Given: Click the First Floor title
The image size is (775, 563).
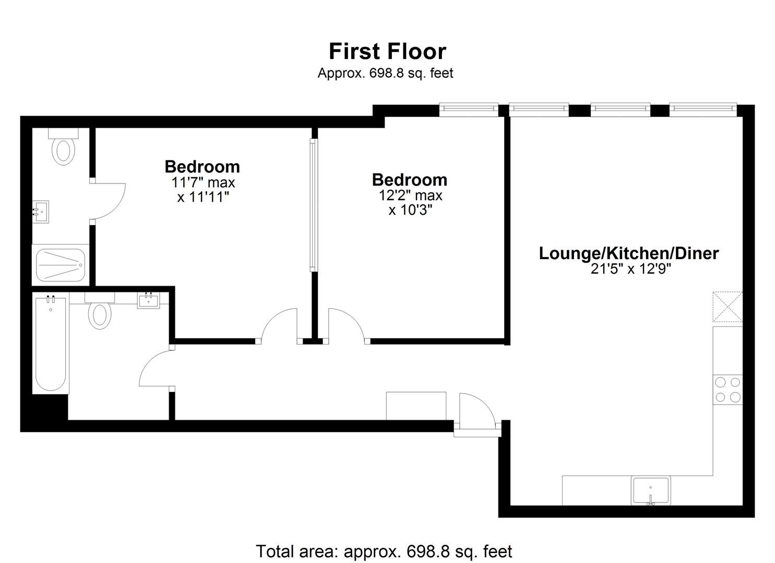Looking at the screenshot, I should coord(387,52).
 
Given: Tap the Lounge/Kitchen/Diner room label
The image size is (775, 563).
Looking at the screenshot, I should coord(628,253).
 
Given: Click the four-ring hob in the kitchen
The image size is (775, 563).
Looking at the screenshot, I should coord(728,389).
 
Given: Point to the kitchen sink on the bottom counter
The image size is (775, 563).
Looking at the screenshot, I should coord(650,491).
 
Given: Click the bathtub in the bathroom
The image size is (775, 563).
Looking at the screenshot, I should coord(51,344).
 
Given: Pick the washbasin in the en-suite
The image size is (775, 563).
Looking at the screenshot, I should coord(40,212).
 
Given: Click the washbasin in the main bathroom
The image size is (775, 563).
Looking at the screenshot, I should coord(148,300).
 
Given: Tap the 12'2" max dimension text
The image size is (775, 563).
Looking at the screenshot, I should coord(410,195).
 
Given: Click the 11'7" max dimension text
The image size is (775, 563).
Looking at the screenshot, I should coord(203,183).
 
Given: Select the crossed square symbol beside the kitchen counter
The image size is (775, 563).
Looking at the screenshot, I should coord(728,307).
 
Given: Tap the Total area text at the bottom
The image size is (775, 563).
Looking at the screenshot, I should coord(384,551).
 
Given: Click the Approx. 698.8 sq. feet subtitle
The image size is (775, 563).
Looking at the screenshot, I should coord(385,74).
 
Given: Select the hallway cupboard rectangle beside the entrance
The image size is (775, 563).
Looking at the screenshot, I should coord(416,406).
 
